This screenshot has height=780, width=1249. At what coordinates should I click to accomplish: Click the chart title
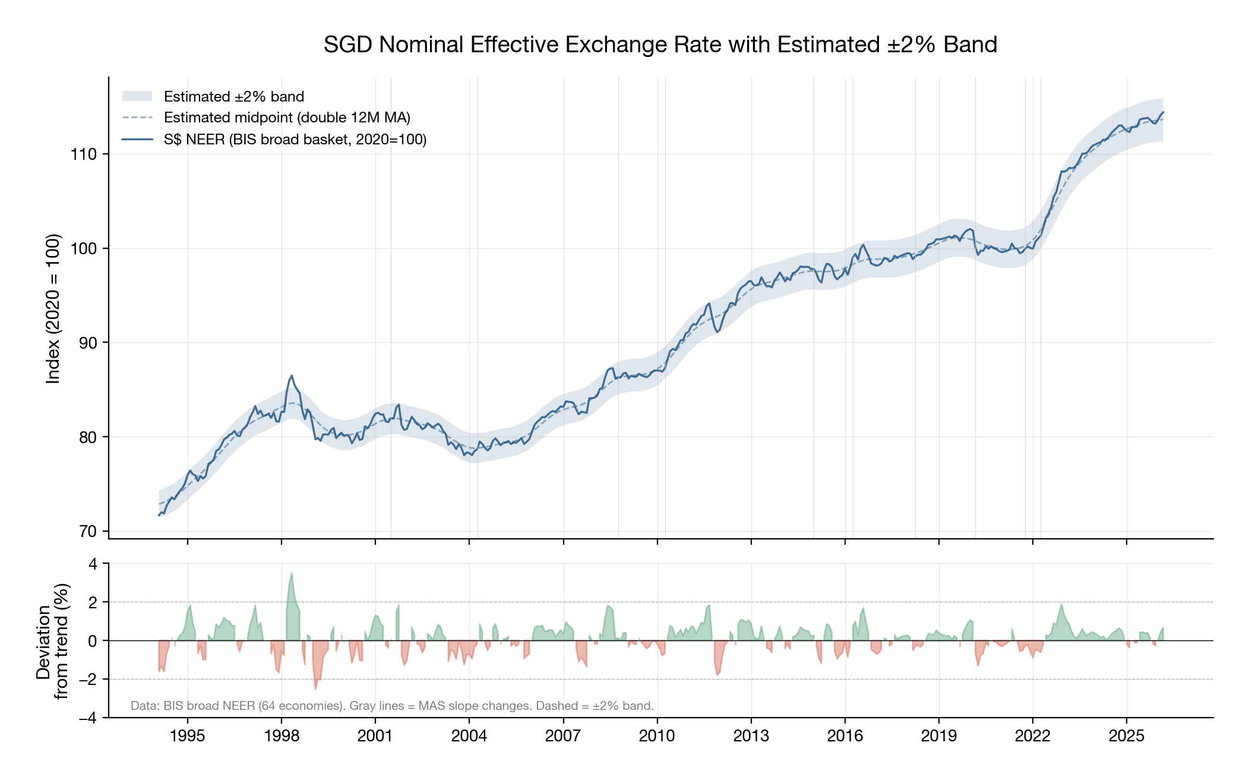point(660,45)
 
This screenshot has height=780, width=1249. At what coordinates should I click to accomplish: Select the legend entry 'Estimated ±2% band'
point(233,97)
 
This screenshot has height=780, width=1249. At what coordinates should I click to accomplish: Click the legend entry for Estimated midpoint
point(287,118)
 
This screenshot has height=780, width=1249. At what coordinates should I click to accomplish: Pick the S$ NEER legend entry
point(295,140)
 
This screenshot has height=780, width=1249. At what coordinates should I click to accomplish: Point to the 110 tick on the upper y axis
point(83,154)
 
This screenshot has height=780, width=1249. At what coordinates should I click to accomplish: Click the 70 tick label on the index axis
point(87,531)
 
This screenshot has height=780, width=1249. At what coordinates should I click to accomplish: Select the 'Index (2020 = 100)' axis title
point(53,308)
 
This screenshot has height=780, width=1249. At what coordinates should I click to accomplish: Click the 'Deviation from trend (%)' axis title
point(52,642)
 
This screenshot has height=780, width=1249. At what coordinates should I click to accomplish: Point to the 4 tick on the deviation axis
point(93,564)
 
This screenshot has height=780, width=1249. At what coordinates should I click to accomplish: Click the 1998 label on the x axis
point(281,736)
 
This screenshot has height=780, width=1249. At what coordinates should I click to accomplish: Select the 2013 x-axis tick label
point(751,736)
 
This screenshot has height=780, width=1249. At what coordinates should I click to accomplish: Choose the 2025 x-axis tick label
point(1126,736)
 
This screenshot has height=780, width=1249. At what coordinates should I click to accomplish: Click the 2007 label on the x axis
point(562,736)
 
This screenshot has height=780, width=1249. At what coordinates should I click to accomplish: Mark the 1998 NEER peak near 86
point(292,376)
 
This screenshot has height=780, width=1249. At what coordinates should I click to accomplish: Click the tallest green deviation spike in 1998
point(292,574)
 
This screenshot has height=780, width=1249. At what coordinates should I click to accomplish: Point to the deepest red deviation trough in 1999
point(315,688)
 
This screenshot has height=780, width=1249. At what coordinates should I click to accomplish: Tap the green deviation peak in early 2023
point(1061,605)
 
